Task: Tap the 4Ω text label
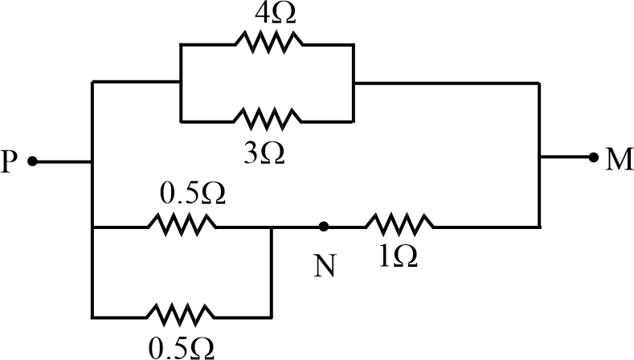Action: (268, 12)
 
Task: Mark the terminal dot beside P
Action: (33, 162)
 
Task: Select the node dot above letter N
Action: (324, 227)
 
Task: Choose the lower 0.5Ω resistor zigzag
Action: (182, 312)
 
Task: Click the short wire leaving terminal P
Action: (63, 162)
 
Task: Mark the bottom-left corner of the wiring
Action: (94, 312)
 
